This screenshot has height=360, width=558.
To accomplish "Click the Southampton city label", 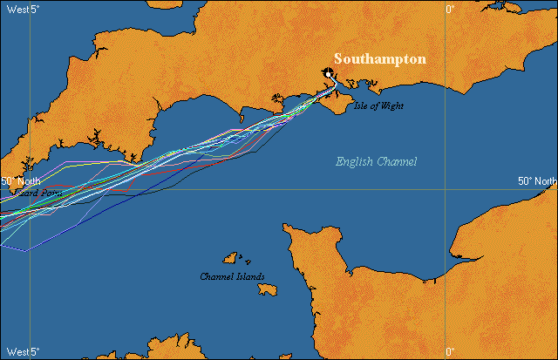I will [x=380, y=59].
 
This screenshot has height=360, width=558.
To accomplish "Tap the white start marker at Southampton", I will [x=329, y=74].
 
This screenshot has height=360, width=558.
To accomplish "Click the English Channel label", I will [x=377, y=161].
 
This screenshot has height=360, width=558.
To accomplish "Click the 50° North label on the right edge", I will [x=536, y=181].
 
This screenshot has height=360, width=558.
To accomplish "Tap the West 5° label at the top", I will [x=21, y=8].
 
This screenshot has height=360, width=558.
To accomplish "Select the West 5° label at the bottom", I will [x=21, y=352].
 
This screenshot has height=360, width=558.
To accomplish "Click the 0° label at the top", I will [x=451, y=8].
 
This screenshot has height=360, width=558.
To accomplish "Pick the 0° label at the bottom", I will [x=451, y=352].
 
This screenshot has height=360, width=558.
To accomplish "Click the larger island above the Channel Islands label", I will [x=232, y=258].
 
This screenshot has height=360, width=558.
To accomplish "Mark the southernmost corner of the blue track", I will [x=26, y=250].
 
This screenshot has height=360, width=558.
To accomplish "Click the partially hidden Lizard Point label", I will [x=26, y=193].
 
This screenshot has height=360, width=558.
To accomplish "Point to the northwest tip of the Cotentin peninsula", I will [x=287, y=228].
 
